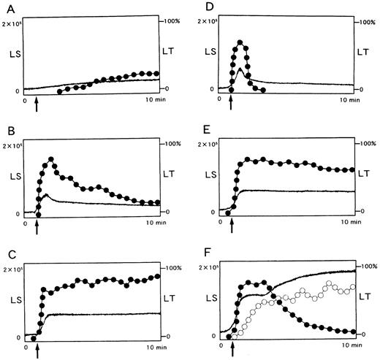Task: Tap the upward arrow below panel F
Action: pyautogui.click(x=232, y=351)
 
